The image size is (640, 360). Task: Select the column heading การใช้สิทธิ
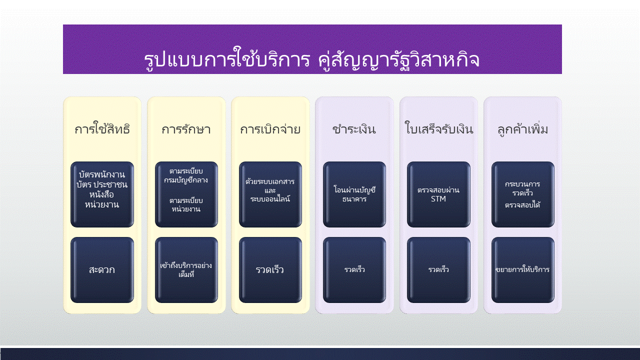[102, 129]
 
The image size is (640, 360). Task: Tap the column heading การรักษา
[186, 129]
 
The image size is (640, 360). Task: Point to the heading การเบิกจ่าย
[270, 129]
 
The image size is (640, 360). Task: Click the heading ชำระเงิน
[354, 129]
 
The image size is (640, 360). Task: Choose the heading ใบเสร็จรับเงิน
[438, 128]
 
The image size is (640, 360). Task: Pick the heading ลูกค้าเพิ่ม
[522, 129]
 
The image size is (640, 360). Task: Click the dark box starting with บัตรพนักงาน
[102, 194]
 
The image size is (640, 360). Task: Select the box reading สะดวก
[102, 269]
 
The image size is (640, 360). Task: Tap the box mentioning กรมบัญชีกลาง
[186, 194]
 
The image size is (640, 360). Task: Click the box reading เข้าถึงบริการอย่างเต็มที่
[186, 269]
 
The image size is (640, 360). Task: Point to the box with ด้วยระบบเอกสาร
[270, 194]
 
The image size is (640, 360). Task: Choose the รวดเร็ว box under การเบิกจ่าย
[270, 269]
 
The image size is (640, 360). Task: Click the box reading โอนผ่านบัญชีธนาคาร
[354, 194]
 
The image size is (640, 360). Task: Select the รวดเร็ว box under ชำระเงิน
[354, 269]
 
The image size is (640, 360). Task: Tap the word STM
[438, 199]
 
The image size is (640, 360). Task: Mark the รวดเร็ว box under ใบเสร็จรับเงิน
[438, 269]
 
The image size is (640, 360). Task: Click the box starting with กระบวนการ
[523, 194]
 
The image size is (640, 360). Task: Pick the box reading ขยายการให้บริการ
[523, 269]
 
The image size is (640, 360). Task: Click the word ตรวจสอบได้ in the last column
[522, 204]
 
